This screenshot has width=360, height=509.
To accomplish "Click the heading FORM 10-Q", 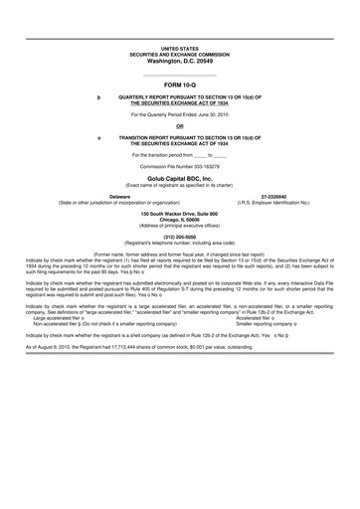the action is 179,86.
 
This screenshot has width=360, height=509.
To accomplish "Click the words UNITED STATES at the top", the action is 179,48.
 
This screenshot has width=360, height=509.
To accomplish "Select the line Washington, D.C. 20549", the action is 179,60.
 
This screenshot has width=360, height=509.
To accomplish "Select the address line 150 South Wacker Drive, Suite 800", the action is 179,214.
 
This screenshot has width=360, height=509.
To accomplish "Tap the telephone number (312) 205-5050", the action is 179,237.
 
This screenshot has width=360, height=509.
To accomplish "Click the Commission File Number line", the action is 179,166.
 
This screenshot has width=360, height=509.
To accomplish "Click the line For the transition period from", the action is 179,155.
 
